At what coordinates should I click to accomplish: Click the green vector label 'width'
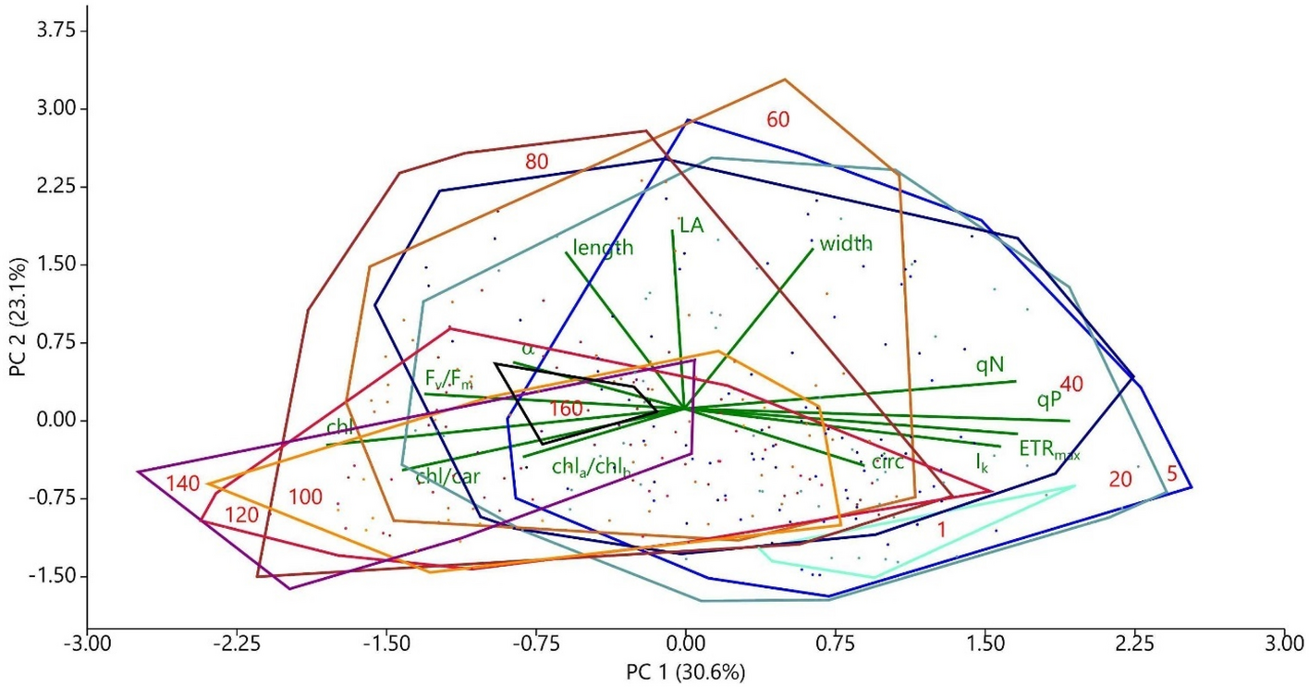pyautogui.click(x=846, y=244)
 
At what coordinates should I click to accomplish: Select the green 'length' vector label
pyautogui.click(x=603, y=248)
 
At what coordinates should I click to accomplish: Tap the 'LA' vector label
pyautogui.click(x=691, y=225)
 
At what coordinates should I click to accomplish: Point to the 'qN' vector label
pyautogui.click(x=989, y=364)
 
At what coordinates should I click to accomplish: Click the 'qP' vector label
pyautogui.click(x=1049, y=399)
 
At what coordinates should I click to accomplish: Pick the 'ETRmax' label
pyautogui.click(x=1049, y=450)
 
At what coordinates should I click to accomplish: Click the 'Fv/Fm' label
pyautogui.click(x=448, y=379)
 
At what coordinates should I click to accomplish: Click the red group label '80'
pyautogui.click(x=537, y=161)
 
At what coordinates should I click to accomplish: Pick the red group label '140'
pyautogui.click(x=184, y=483)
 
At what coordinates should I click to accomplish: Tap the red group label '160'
pyautogui.click(x=566, y=409)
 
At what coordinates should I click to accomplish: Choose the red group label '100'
pyautogui.click(x=305, y=497)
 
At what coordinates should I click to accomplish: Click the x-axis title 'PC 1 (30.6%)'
pyautogui.click(x=685, y=670)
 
